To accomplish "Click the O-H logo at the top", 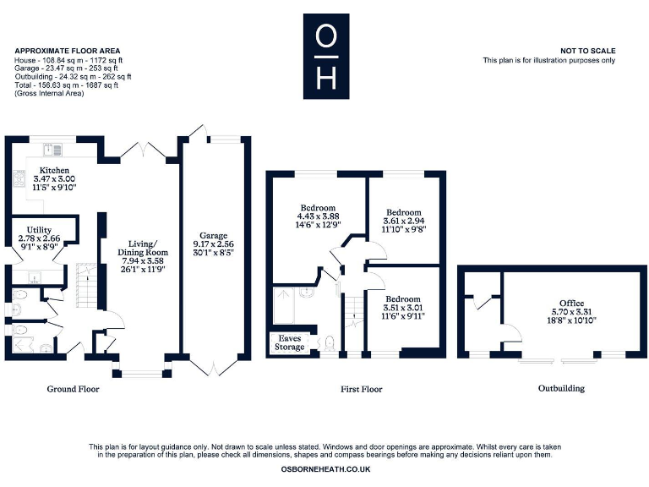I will coord(324,56).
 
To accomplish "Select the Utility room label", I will coord(39,230).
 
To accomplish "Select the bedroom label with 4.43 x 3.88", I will coord(318,208).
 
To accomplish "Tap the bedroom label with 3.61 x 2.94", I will coord(403,213).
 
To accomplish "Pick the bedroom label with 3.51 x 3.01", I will coord(403,299).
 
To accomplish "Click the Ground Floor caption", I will coord(73,389).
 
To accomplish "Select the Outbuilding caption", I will coord(561,389).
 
